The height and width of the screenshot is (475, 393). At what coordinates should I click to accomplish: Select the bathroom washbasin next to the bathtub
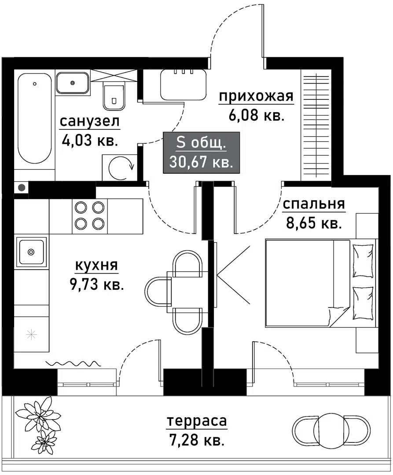coord(72,83)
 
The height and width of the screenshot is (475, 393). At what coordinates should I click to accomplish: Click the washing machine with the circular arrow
coord(119,167)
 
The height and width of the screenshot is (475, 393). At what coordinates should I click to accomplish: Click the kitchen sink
coord(31,252)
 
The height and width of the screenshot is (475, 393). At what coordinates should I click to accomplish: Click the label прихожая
coord(256,96)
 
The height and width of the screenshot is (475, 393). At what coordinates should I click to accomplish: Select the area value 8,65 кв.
coord(313,223)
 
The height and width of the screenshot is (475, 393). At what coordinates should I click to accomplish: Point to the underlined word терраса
coord(197,421)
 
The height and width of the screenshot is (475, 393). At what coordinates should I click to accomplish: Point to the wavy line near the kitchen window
coord(72,363)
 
